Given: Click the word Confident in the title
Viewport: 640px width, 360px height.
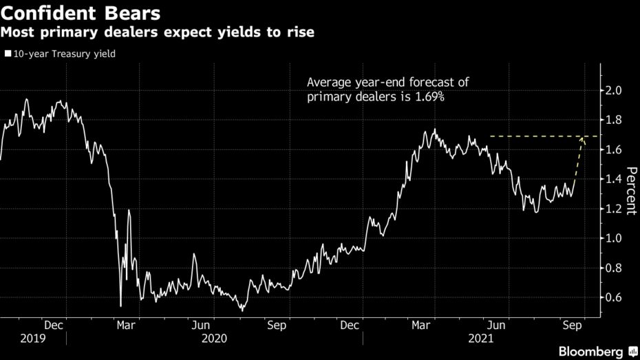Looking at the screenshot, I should pos(52,13).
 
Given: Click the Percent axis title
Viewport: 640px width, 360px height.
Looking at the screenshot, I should pos(630,191).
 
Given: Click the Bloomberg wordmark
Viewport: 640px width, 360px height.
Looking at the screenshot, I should pos(590,352).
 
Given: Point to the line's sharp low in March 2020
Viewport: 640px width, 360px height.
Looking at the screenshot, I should pos(120,306).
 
